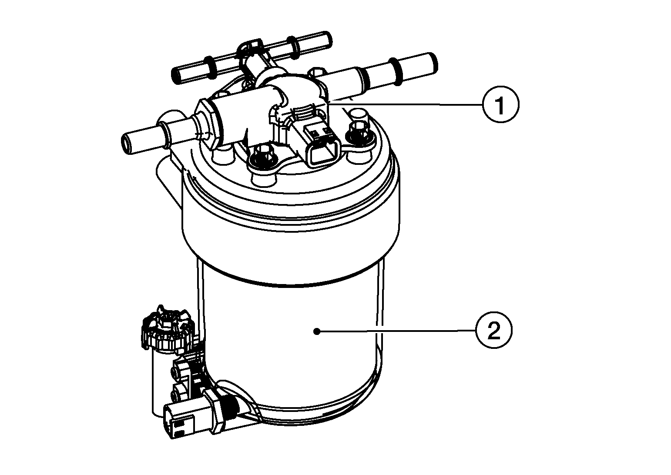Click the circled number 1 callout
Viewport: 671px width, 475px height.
point(500,104)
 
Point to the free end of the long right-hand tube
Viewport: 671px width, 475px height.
point(431,64)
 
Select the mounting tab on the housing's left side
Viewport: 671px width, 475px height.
point(169,183)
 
